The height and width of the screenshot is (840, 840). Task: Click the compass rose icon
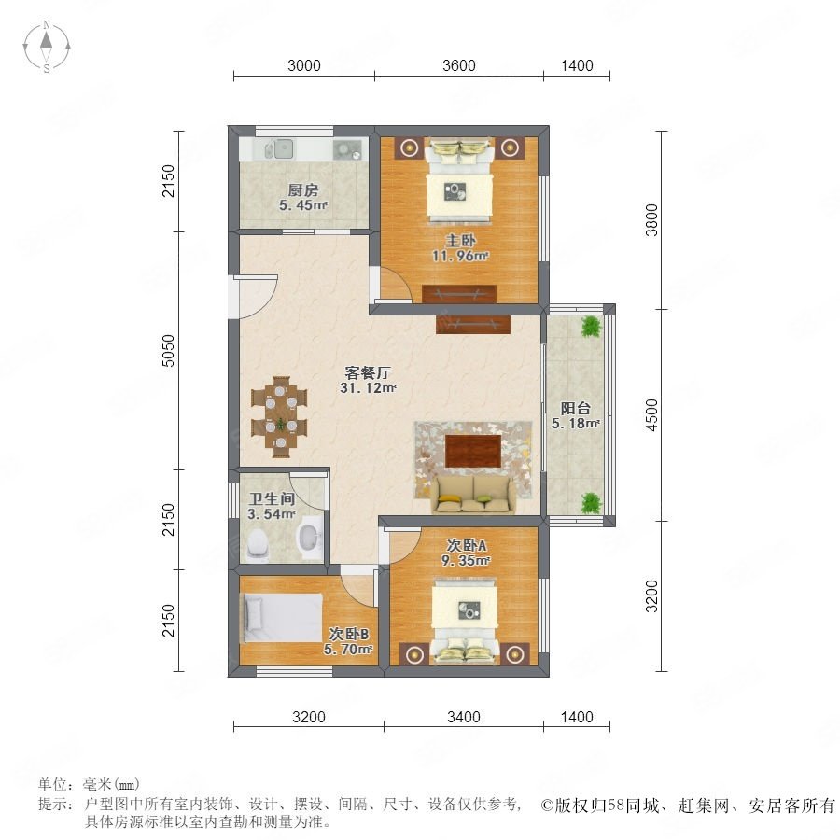(x=47, y=47)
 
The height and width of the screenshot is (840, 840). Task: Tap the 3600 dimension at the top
(x=459, y=66)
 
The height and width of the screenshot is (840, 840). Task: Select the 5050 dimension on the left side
(x=168, y=350)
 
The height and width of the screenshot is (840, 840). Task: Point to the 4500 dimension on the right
(x=651, y=414)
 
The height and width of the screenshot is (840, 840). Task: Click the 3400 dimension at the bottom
(x=463, y=717)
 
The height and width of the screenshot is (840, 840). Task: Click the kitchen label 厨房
(x=303, y=189)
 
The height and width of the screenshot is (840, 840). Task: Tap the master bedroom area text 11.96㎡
(x=460, y=256)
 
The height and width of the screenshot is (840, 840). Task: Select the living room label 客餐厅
(x=368, y=372)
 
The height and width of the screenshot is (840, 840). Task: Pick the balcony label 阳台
(x=576, y=408)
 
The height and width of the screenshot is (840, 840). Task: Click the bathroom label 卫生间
(x=273, y=499)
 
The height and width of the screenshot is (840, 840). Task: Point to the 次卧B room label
(x=349, y=635)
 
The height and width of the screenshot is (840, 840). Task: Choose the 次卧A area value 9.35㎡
(x=466, y=561)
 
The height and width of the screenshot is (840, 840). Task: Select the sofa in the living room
(x=472, y=495)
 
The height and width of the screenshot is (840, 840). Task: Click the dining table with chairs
(x=280, y=417)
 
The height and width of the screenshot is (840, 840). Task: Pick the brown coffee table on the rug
(x=473, y=451)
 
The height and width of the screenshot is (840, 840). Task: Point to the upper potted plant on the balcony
(x=591, y=326)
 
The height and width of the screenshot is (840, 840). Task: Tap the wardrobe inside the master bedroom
(x=459, y=294)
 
